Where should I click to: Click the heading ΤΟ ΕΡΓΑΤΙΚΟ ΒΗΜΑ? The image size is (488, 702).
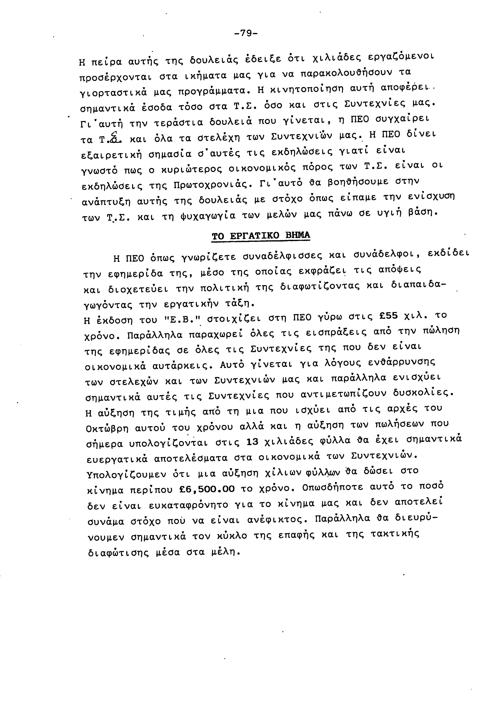pos(261,236)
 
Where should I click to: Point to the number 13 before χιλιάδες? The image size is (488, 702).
pos(253,442)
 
